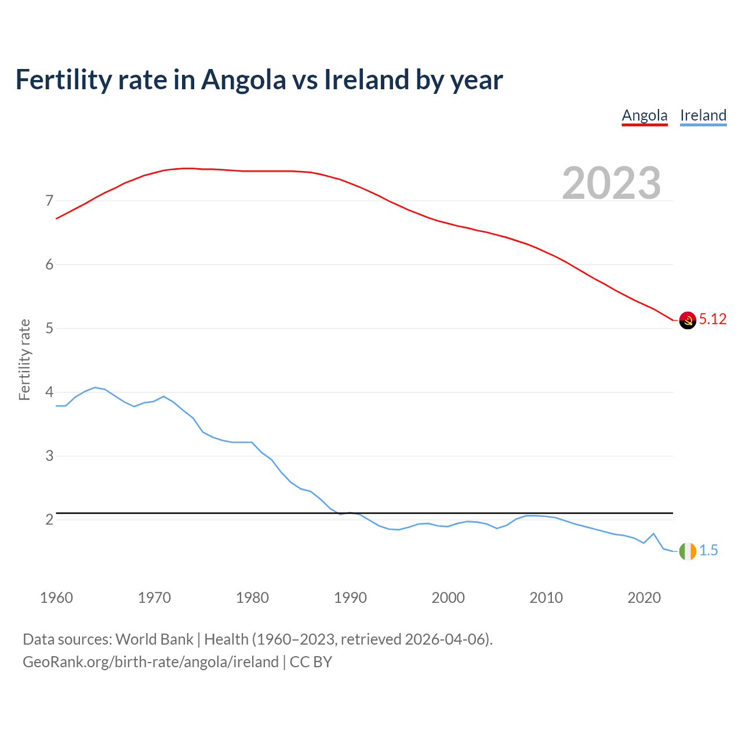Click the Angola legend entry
click(645, 115)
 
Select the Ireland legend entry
click(703, 115)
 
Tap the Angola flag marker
click(688, 320)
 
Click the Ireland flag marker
click(688, 551)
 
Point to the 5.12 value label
click(712, 319)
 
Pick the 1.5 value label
click(708, 551)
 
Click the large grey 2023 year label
click(612, 183)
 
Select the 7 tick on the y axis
click(49, 201)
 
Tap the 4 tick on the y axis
click(49, 392)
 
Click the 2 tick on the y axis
click(49, 520)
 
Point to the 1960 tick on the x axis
click(56, 598)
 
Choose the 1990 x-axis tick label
click(350, 598)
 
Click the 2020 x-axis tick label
click(644, 598)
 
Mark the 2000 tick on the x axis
click(448, 598)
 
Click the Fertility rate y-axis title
click(24, 359)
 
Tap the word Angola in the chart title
click(243, 80)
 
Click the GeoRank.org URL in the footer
click(151, 662)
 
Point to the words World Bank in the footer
click(154, 639)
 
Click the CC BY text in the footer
click(311, 662)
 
